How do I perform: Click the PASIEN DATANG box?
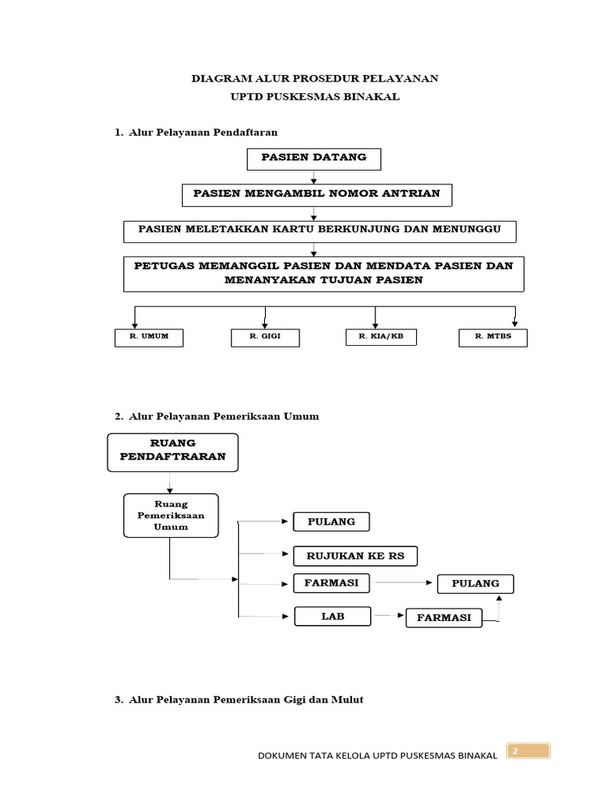coord(314,159)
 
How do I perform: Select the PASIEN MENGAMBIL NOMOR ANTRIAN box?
coord(317,195)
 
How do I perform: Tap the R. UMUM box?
coord(149,337)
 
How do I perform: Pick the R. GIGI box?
coord(265,337)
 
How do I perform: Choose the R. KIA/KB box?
coord(382,337)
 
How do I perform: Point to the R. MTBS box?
coord(493,337)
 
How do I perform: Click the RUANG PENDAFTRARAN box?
coord(172,452)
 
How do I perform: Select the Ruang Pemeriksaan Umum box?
coord(171,515)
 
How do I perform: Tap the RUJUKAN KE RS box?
coord(355,556)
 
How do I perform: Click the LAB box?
coord(332,616)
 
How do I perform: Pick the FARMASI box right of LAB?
coord(444,618)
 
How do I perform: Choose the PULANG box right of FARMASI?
coord(476,583)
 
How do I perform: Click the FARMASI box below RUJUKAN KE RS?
coord(332,583)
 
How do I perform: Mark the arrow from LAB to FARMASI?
coord(389,615)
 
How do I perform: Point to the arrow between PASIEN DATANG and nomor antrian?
coord(314,177)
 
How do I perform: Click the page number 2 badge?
coord(528,750)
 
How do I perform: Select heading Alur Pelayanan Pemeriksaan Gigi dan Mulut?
coord(245,699)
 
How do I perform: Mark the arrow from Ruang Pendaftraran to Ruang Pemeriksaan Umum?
coord(170,482)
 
